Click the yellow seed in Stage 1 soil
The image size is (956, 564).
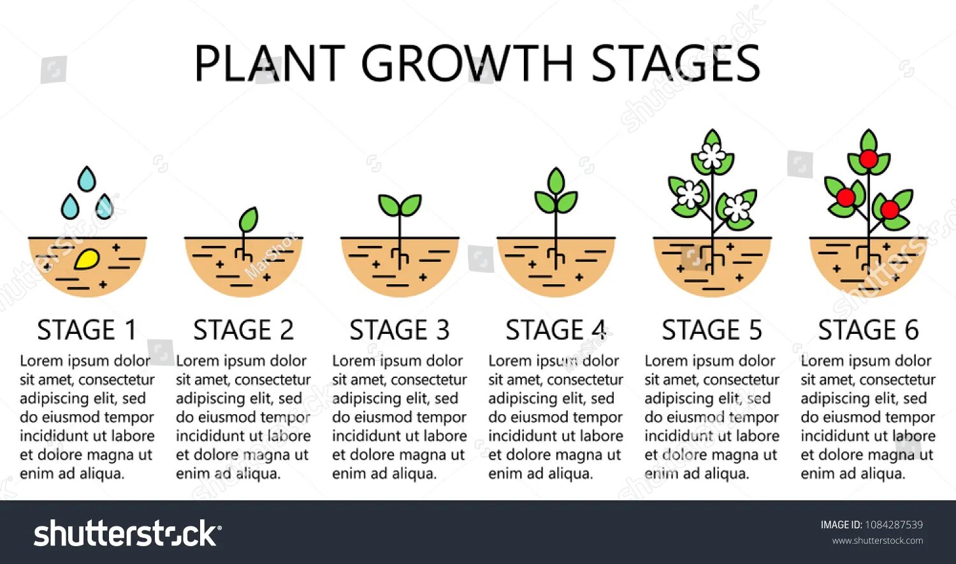point(87,258)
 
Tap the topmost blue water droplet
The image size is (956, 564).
point(87,179)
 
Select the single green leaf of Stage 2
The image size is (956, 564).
point(248,220)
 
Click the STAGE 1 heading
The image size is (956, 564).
point(87,330)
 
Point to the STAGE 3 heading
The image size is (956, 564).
point(400,330)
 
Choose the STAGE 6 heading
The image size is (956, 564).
point(868,330)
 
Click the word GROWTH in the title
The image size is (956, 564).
point(467,64)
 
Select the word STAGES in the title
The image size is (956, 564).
point(676,64)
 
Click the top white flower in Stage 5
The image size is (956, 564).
point(712,155)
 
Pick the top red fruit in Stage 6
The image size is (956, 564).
point(868,159)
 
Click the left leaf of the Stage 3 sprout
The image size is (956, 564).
point(389,205)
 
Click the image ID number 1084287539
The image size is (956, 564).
point(894,524)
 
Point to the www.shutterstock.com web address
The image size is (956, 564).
point(877,540)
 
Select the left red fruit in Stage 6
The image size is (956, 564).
point(845,197)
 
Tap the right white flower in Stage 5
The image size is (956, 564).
point(737,207)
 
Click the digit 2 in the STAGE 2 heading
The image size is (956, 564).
point(286,330)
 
